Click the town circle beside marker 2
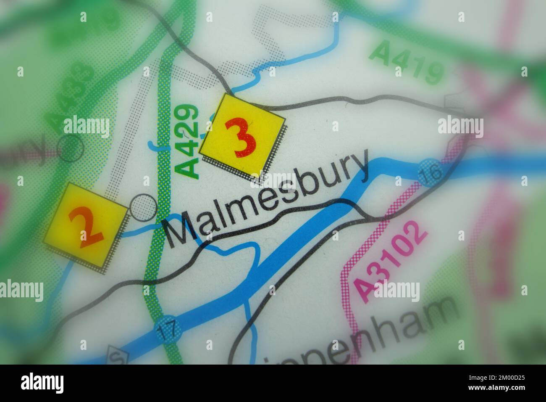pyautogui.click(x=143, y=207)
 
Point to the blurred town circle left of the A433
pyautogui.click(x=70, y=148)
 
